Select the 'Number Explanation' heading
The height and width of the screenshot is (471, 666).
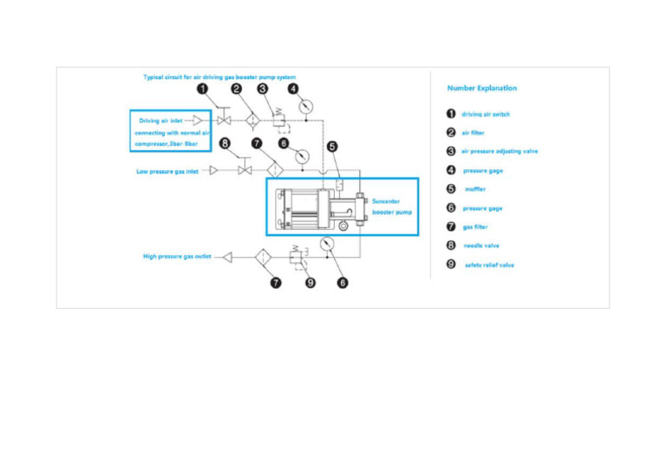click(x=481, y=88)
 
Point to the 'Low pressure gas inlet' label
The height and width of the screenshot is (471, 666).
click(x=167, y=171)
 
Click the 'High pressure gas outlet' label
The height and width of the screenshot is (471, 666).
click(x=177, y=256)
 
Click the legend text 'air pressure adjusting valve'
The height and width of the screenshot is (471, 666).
click(x=499, y=151)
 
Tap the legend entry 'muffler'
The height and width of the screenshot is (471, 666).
click(x=475, y=189)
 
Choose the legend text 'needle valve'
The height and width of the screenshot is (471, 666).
click(x=481, y=245)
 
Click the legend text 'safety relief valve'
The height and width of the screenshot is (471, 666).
click(x=489, y=265)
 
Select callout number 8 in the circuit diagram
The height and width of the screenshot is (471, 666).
click(x=225, y=143)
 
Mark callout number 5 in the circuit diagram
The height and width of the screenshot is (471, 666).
click(x=333, y=147)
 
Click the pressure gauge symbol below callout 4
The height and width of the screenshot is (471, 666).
click(x=305, y=107)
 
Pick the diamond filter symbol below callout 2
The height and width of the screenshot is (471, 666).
click(x=252, y=120)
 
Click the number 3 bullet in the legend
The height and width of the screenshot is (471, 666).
click(x=452, y=151)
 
